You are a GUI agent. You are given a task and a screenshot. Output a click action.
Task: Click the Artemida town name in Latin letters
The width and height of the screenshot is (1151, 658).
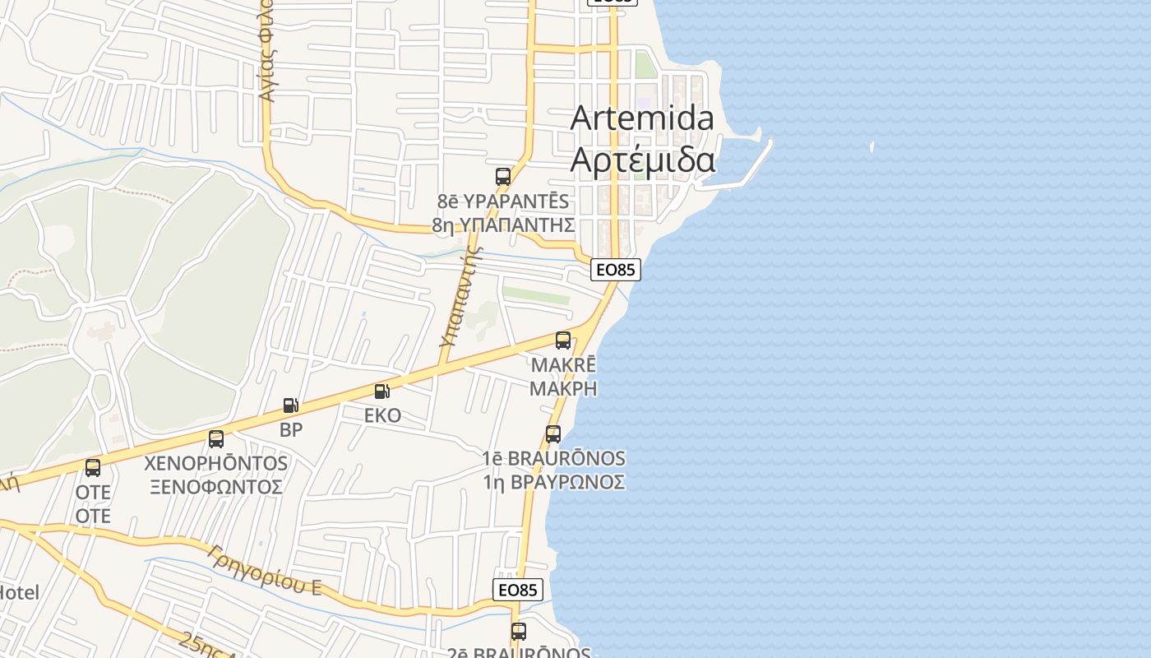point(642,118)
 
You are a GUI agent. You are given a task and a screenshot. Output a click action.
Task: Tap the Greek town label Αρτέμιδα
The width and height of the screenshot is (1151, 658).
point(642,160)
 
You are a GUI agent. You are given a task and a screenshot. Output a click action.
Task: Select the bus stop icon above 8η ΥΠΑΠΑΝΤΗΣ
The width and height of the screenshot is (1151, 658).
point(503,177)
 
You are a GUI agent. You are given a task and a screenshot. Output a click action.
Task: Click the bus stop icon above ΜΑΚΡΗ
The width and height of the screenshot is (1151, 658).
point(563,341)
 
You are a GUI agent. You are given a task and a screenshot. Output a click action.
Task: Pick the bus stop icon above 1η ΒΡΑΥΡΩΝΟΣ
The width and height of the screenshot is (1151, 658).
point(553,434)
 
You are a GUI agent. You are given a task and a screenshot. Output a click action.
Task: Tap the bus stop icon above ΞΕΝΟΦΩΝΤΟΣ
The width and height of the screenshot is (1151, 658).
point(216,439)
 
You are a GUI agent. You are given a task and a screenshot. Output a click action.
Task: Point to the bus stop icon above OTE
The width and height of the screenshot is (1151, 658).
point(93,468)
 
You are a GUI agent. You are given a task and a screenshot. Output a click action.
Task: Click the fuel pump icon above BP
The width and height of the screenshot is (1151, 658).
point(290,405)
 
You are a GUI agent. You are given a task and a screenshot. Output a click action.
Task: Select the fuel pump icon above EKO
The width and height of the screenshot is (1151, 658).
point(382,392)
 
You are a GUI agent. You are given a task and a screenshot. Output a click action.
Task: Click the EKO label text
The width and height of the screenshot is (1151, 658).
point(383,415)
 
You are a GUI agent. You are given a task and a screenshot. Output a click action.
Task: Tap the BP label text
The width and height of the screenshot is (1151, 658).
point(291,429)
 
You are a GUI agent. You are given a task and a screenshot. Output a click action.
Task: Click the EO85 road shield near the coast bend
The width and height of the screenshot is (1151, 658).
point(615,269)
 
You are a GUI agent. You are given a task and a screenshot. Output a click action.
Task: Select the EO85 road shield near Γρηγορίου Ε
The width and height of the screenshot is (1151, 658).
point(518,590)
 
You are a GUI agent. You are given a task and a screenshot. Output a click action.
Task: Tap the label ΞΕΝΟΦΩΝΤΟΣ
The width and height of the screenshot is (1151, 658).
point(216,486)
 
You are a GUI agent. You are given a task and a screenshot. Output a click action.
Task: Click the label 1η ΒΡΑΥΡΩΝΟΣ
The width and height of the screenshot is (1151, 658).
point(553,482)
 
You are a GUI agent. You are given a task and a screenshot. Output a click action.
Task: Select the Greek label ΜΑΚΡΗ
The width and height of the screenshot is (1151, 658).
point(563,388)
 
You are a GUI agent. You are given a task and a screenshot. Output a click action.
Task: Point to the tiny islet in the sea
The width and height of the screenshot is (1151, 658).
point(871,147)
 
